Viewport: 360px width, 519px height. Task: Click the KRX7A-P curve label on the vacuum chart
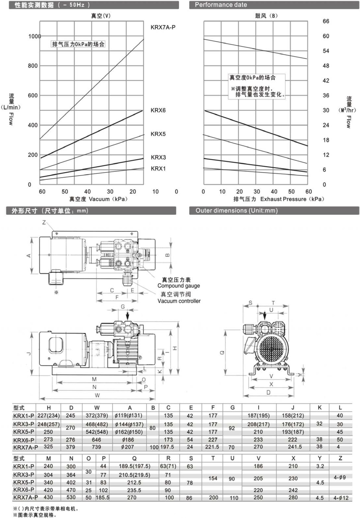163,27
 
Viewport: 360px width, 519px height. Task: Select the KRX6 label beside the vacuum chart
158,110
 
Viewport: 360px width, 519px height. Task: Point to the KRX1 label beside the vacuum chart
158,169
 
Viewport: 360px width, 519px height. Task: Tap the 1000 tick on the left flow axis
35,36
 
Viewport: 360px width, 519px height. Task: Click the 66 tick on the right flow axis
326,21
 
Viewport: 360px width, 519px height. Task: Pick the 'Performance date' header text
221,5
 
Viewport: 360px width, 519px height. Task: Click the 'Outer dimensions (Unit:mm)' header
236,211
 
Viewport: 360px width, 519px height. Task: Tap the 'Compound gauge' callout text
179,286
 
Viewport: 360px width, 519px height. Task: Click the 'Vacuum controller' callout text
179,301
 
